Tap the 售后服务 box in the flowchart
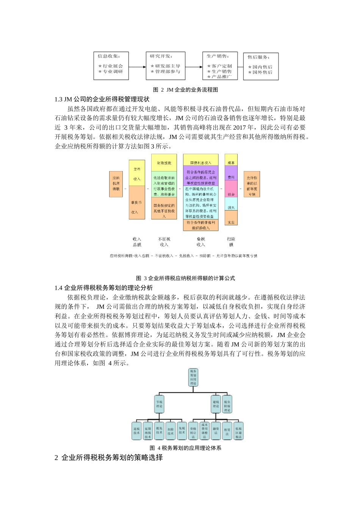(x=260, y=66)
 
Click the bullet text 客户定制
(x=222, y=66)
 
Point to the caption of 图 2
(x=185, y=90)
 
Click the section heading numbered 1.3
(x=102, y=99)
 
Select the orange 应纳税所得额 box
(x=116, y=184)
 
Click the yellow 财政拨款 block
(x=164, y=163)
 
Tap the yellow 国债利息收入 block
(x=201, y=163)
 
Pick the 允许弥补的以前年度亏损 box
(x=252, y=184)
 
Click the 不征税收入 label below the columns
(x=164, y=242)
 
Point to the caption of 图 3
(x=185, y=278)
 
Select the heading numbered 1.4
(x=104, y=288)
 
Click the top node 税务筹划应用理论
(x=193, y=377)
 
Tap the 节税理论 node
(x=159, y=404)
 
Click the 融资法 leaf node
(x=216, y=431)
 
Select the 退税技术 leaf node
(x=136, y=431)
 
